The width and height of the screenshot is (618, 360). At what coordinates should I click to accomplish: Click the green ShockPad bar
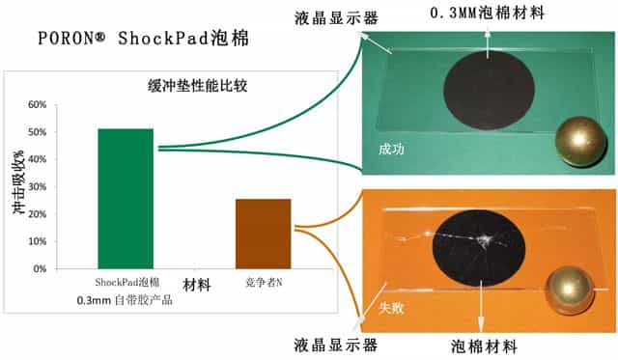click(x=125, y=198)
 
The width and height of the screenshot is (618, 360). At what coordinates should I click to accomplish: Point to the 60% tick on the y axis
click(x=38, y=105)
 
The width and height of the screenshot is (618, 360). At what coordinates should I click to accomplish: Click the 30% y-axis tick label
click(x=38, y=186)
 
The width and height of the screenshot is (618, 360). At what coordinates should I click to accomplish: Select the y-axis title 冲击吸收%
click(x=16, y=183)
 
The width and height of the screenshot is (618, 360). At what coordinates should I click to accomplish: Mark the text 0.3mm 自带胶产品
click(x=126, y=301)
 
